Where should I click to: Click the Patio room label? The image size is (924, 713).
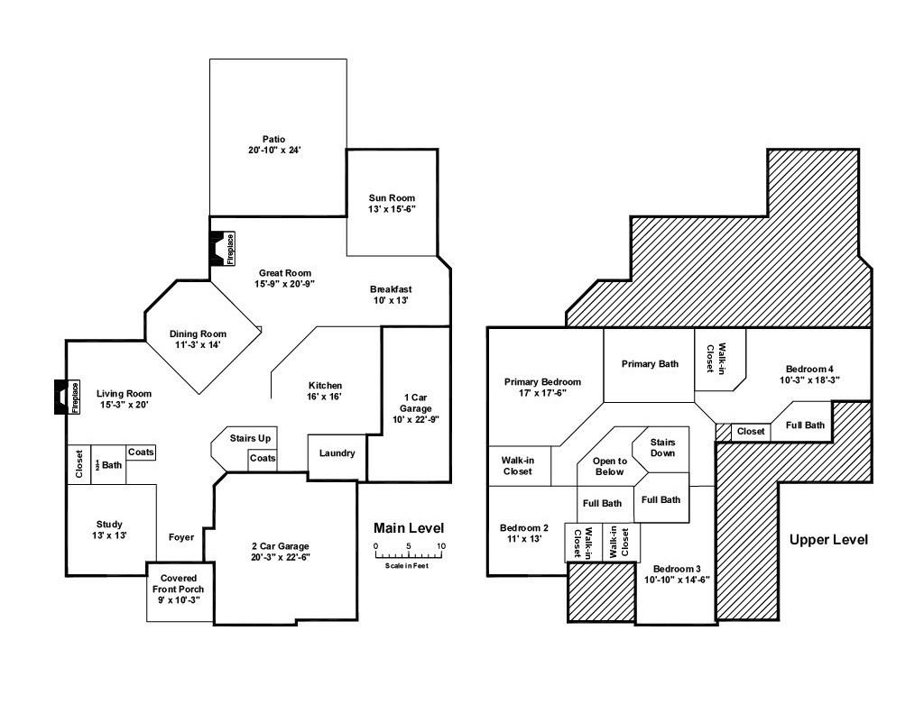point(274,145)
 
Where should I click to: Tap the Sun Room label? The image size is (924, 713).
point(392,204)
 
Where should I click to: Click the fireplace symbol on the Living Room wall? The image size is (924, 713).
point(67,397)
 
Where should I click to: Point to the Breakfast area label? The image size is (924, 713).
point(391,295)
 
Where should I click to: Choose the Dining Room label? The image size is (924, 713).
point(198,339)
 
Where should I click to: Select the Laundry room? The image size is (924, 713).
point(337,453)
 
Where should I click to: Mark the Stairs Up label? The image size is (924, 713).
point(250,438)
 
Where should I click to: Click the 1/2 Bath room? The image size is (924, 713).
point(108,465)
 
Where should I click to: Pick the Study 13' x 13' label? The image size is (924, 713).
point(109,530)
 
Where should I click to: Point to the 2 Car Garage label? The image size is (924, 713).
point(280,552)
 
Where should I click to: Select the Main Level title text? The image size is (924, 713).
point(409,528)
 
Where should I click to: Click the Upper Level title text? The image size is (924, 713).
point(828,540)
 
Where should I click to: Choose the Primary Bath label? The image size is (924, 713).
point(650,364)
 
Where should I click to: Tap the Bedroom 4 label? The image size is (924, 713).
point(809,374)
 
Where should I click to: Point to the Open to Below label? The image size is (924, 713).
point(609,466)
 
